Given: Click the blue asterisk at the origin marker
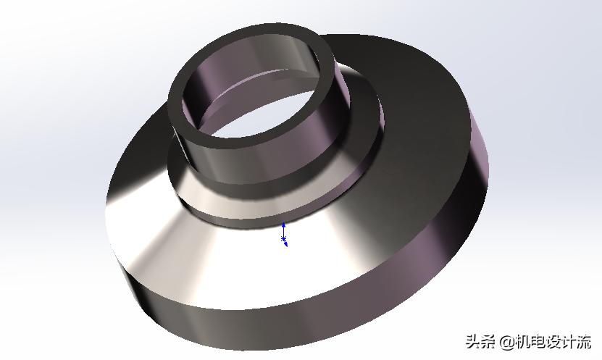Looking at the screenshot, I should (283, 238).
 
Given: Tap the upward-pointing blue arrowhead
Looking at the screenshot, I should (283, 226).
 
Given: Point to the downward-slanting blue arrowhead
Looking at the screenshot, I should (286, 245).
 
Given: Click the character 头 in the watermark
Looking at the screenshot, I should (473, 341).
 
